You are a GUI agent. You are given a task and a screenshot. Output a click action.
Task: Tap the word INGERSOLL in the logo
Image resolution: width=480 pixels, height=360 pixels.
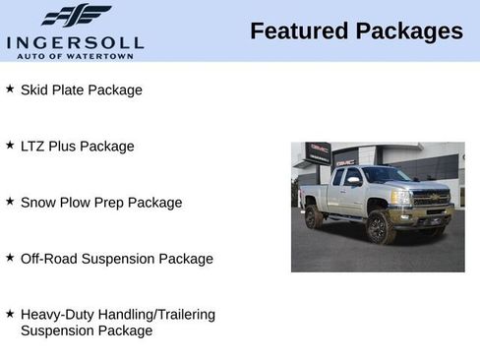(x=75, y=41)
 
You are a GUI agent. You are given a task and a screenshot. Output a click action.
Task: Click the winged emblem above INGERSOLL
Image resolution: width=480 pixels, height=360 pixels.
(x=76, y=16)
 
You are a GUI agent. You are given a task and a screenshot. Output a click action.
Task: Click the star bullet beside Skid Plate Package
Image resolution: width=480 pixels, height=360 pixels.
(x=10, y=89)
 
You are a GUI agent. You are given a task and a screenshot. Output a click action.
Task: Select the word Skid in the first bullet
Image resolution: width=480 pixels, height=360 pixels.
(x=34, y=90)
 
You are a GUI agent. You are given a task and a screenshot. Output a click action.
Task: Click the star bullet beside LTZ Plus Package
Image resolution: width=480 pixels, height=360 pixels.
(x=10, y=145)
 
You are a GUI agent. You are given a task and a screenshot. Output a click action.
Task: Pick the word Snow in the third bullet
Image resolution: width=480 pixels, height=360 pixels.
(x=37, y=202)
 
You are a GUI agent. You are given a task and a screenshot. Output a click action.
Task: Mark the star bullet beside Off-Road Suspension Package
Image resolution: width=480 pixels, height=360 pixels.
(x=10, y=257)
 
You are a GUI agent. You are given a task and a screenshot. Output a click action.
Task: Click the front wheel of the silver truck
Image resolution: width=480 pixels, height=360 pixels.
(x=379, y=228)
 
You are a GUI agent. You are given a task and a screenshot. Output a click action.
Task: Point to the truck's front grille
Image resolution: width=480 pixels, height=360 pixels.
(x=431, y=197)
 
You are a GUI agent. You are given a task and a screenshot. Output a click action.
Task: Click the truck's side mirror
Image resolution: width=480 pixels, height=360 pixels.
(x=353, y=182)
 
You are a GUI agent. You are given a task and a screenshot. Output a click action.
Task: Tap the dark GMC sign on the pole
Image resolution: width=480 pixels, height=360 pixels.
(x=318, y=152)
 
